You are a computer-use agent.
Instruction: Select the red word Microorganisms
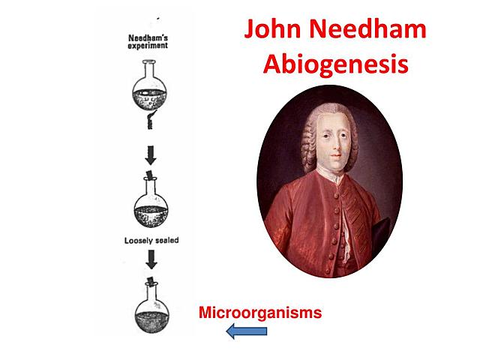[x=259, y=312]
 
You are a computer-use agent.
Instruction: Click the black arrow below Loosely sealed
[x=151, y=259]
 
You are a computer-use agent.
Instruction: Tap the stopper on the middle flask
[x=151, y=175]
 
